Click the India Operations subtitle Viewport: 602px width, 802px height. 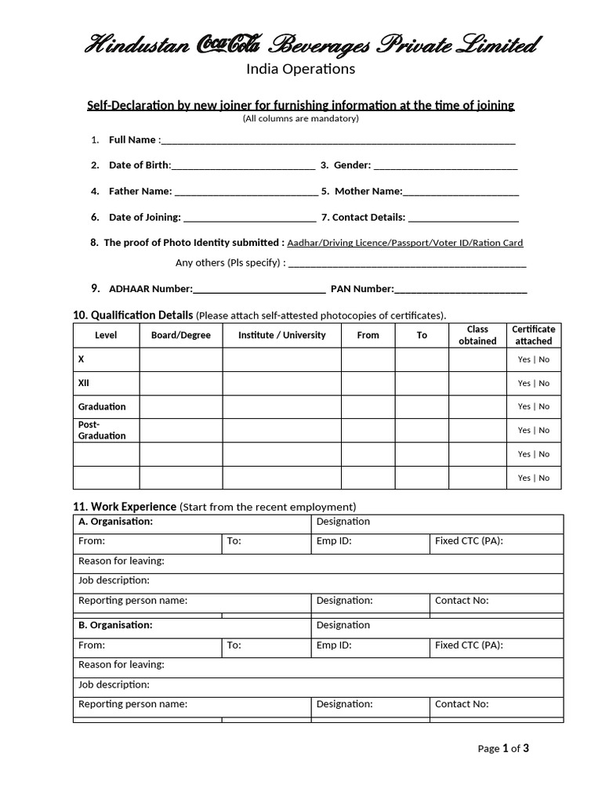click(x=301, y=69)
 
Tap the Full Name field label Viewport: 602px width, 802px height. click(x=132, y=140)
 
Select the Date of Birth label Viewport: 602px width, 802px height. click(x=139, y=165)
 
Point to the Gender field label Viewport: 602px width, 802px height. click(x=352, y=165)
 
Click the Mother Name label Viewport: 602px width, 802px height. click(x=368, y=191)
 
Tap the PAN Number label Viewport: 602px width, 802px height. click(x=361, y=289)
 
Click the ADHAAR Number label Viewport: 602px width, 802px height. click(x=150, y=289)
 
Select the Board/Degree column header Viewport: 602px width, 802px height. click(x=181, y=335)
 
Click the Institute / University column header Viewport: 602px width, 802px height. click(x=281, y=335)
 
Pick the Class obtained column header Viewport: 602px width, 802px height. click(x=477, y=335)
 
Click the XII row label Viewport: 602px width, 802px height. click(x=84, y=383)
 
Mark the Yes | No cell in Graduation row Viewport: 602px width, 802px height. click(x=534, y=406)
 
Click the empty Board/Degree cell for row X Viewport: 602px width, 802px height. click(x=181, y=359)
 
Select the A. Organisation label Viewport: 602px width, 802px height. click(x=115, y=522)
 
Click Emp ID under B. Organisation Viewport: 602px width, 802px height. click(x=334, y=646)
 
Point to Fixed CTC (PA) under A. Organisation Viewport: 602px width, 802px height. click(x=469, y=541)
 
